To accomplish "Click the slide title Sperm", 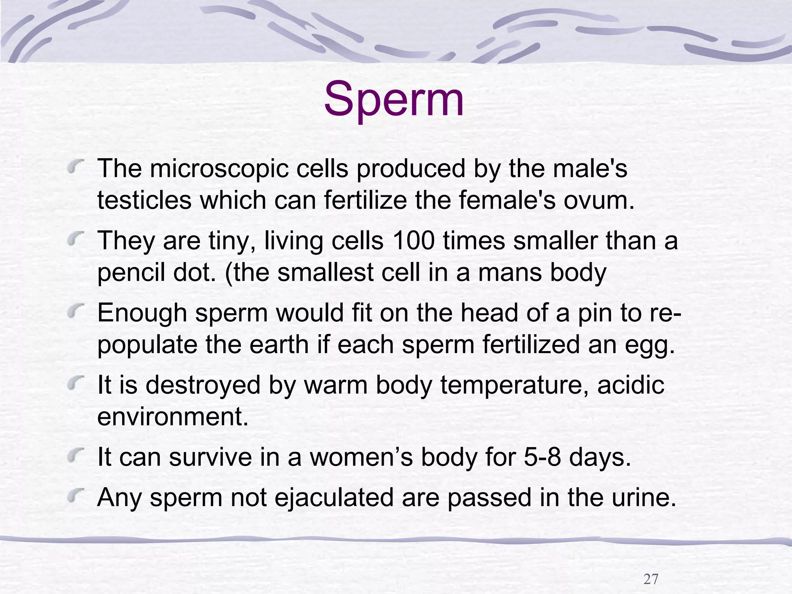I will (x=393, y=100).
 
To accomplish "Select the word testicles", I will (x=144, y=201).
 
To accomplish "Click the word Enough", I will (x=142, y=313).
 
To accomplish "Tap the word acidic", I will (x=630, y=385).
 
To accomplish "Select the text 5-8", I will (x=543, y=457).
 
